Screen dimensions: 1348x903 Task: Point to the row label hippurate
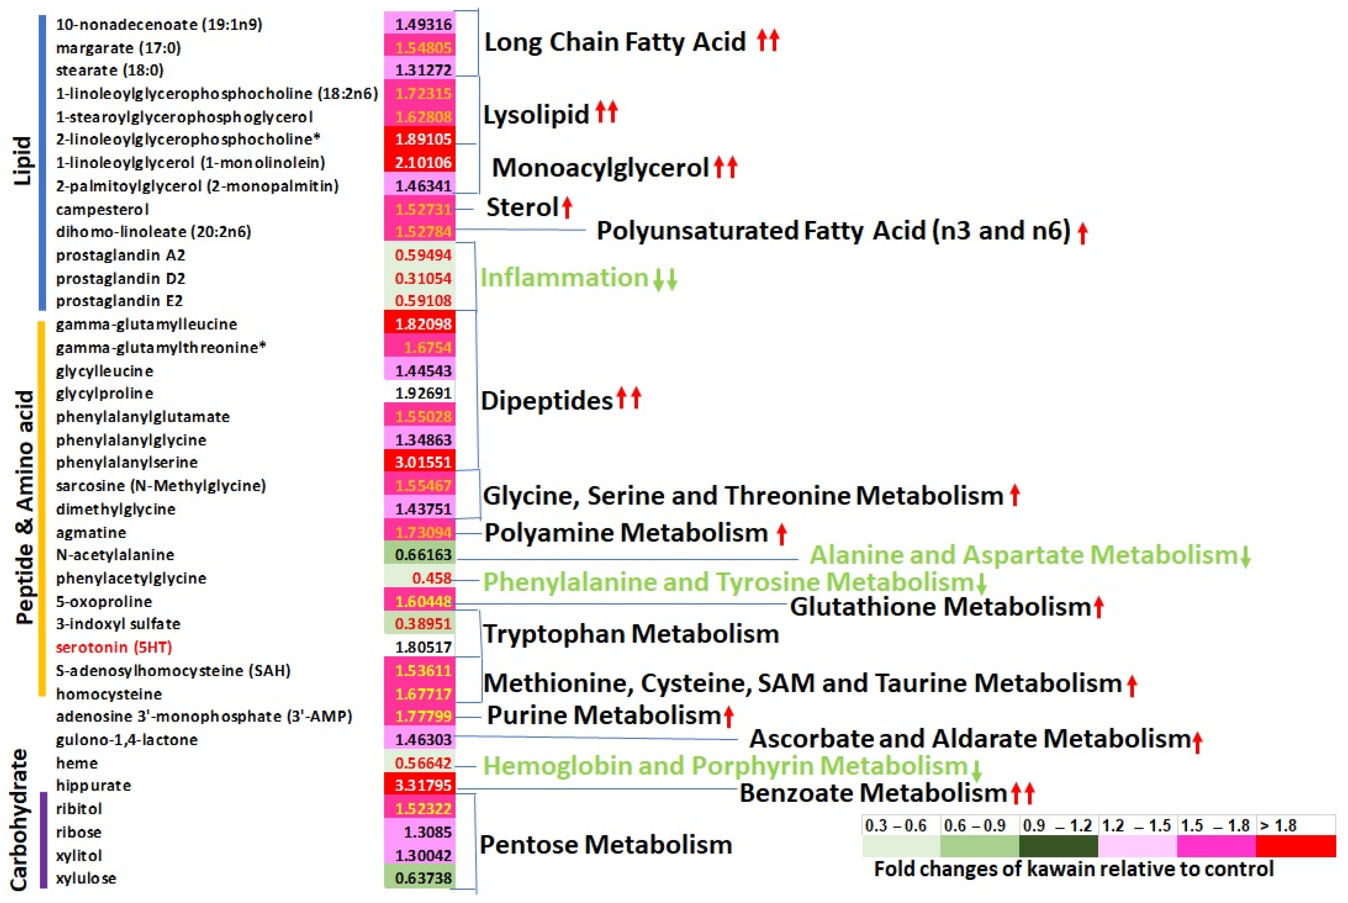(x=93, y=785)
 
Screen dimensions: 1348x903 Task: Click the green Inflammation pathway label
(x=565, y=278)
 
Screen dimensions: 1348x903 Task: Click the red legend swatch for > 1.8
(x=1296, y=846)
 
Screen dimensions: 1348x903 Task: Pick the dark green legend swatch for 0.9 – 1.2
(x=1058, y=846)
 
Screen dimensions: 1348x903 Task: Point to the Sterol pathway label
(x=522, y=207)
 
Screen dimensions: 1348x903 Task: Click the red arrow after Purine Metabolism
(x=729, y=716)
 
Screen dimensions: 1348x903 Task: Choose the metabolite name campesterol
(x=102, y=209)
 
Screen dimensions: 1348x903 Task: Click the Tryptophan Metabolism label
(x=631, y=633)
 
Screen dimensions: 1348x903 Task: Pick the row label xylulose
(x=86, y=878)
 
